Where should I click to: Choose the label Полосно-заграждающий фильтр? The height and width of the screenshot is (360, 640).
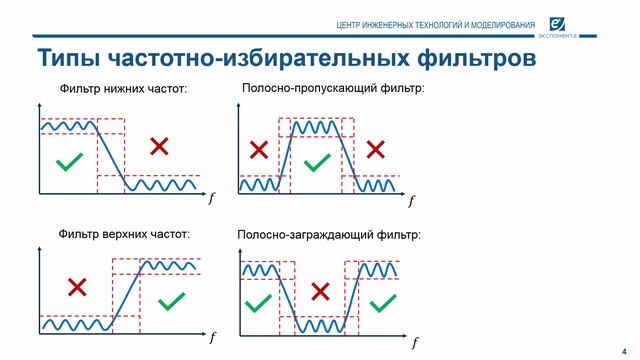coord(329,236)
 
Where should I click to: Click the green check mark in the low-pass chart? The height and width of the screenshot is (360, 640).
coord(68,162)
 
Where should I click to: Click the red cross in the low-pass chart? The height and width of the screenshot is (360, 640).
coord(158,147)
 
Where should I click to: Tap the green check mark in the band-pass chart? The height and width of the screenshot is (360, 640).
coord(316,161)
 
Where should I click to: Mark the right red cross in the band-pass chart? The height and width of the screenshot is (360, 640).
coord(375,150)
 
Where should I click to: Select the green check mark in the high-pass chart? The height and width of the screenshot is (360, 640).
coord(173,298)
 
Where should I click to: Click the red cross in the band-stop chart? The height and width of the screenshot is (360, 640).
coord(320,291)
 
